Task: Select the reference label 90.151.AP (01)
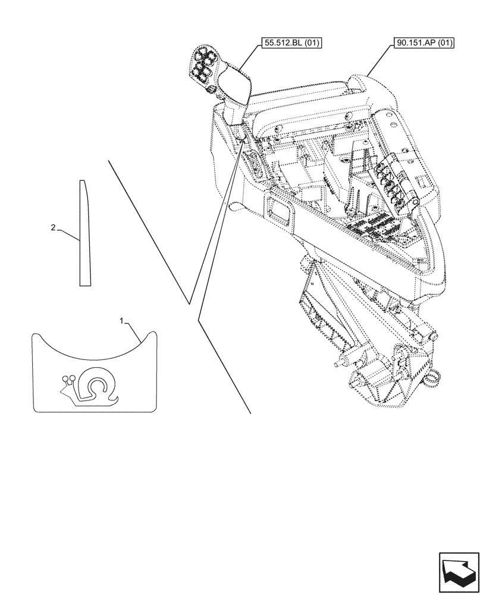(x=424, y=43)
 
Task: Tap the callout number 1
(x=122, y=321)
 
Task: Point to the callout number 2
(x=54, y=227)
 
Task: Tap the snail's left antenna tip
(x=64, y=379)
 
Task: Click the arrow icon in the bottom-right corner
(x=459, y=573)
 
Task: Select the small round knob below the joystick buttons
(x=210, y=89)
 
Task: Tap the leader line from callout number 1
(x=134, y=331)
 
